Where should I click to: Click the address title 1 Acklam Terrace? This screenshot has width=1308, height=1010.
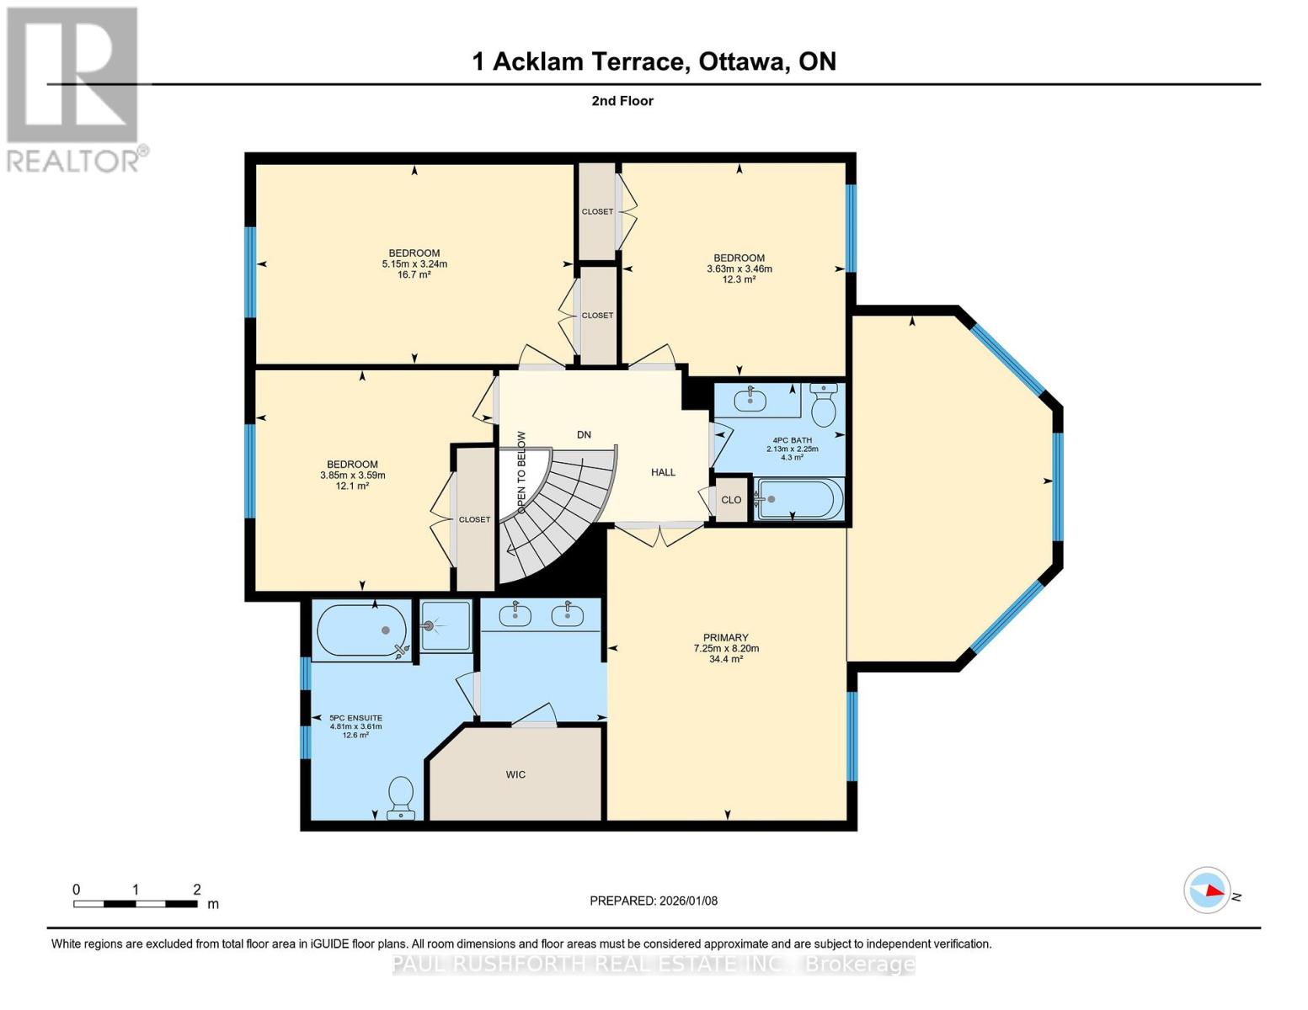(x=654, y=61)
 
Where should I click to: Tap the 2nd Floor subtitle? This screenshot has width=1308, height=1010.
(x=622, y=101)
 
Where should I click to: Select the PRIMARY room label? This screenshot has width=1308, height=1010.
(x=726, y=648)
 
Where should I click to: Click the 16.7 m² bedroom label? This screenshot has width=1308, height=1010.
(x=414, y=263)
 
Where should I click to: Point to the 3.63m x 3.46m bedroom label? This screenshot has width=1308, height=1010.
(x=739, y=268)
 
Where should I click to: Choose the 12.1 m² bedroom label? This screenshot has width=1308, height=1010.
(x=352, y=475)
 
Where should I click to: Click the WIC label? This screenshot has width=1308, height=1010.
(x=515, y=774)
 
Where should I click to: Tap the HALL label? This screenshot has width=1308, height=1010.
(x=663, y=472)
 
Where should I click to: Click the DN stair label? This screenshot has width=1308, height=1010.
(x=584, y=435)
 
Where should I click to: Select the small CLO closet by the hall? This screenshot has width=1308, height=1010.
(x=731, y=500)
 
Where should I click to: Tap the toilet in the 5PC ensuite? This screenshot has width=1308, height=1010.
(x=401, y=796)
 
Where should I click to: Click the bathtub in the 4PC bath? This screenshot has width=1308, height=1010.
(x=798, y=499)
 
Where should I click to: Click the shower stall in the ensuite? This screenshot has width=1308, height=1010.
(x=445, y=625)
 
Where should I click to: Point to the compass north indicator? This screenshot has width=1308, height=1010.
(x=1208, y=890)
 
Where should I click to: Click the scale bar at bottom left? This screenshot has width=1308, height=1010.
(x=135, y=903)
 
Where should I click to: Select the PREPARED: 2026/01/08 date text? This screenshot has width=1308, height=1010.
(x=654, y=901)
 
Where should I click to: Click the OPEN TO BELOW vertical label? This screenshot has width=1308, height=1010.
(x=521, y=472)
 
